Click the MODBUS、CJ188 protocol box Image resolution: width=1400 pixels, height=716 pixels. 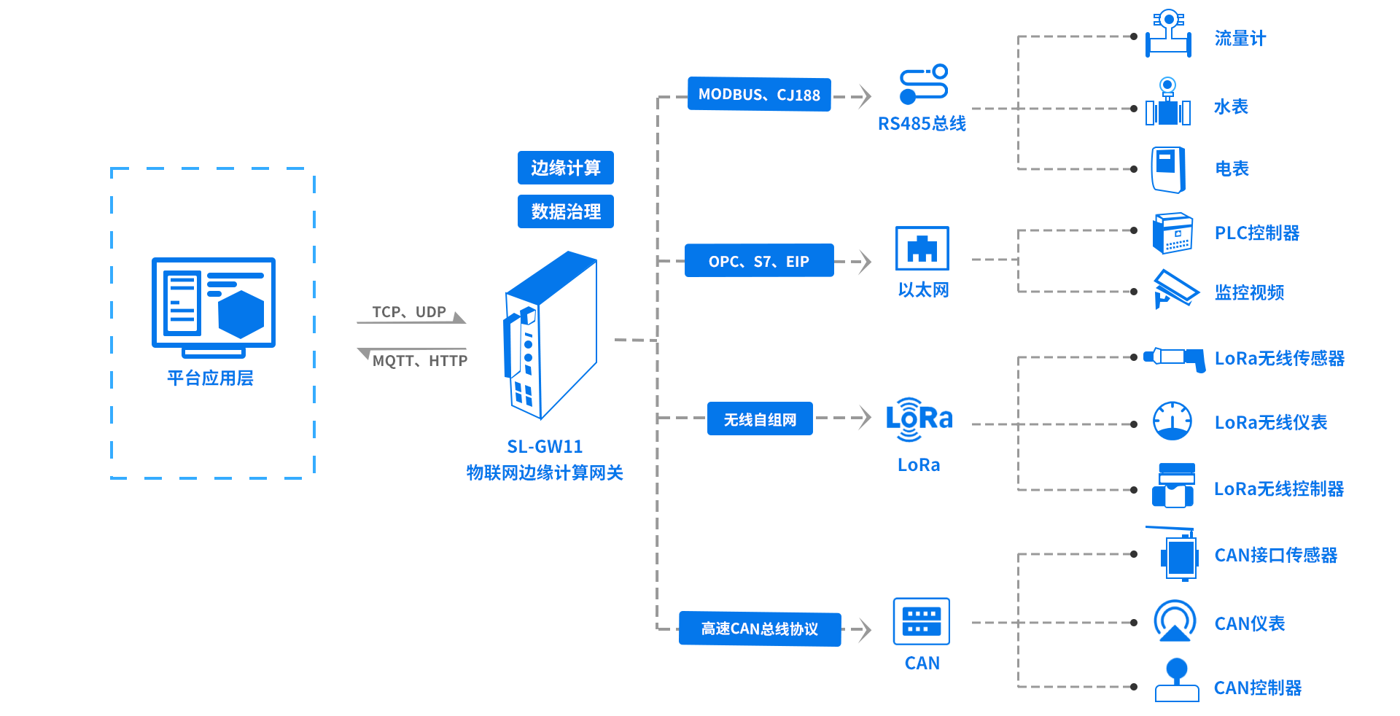759,95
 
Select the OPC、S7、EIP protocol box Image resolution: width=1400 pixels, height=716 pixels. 759,261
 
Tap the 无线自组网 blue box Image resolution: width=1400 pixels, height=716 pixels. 760,419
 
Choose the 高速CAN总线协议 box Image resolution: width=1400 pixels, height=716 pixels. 760,629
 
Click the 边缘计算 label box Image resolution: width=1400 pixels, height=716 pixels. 565,168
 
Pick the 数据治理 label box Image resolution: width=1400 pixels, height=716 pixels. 565,211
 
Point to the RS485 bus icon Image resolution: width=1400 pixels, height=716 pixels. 923,85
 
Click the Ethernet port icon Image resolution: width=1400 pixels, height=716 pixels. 922,249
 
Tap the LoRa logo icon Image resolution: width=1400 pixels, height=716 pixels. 919,419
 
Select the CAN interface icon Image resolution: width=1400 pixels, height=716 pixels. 922,621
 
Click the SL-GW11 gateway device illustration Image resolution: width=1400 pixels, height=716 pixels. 551,335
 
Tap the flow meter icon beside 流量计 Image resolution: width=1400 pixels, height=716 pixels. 1168,34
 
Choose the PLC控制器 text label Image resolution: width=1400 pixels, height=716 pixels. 1257,233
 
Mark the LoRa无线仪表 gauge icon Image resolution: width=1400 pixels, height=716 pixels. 1172,421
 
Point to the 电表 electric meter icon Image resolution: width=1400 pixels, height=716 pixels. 1168,169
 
